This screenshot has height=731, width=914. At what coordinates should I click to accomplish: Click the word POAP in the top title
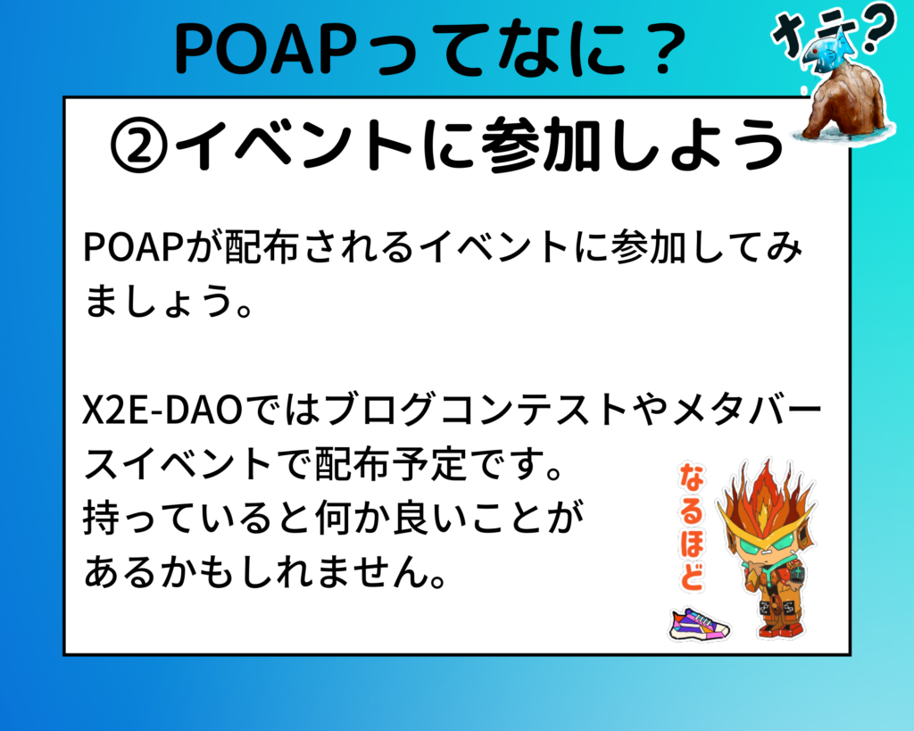tap(262, 50)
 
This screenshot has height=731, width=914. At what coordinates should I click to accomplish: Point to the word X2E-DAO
tap(162, 411)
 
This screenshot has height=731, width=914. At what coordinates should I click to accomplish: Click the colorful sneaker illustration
tap(699, 624)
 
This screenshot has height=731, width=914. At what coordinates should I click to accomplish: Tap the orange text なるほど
tap(692, 527)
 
